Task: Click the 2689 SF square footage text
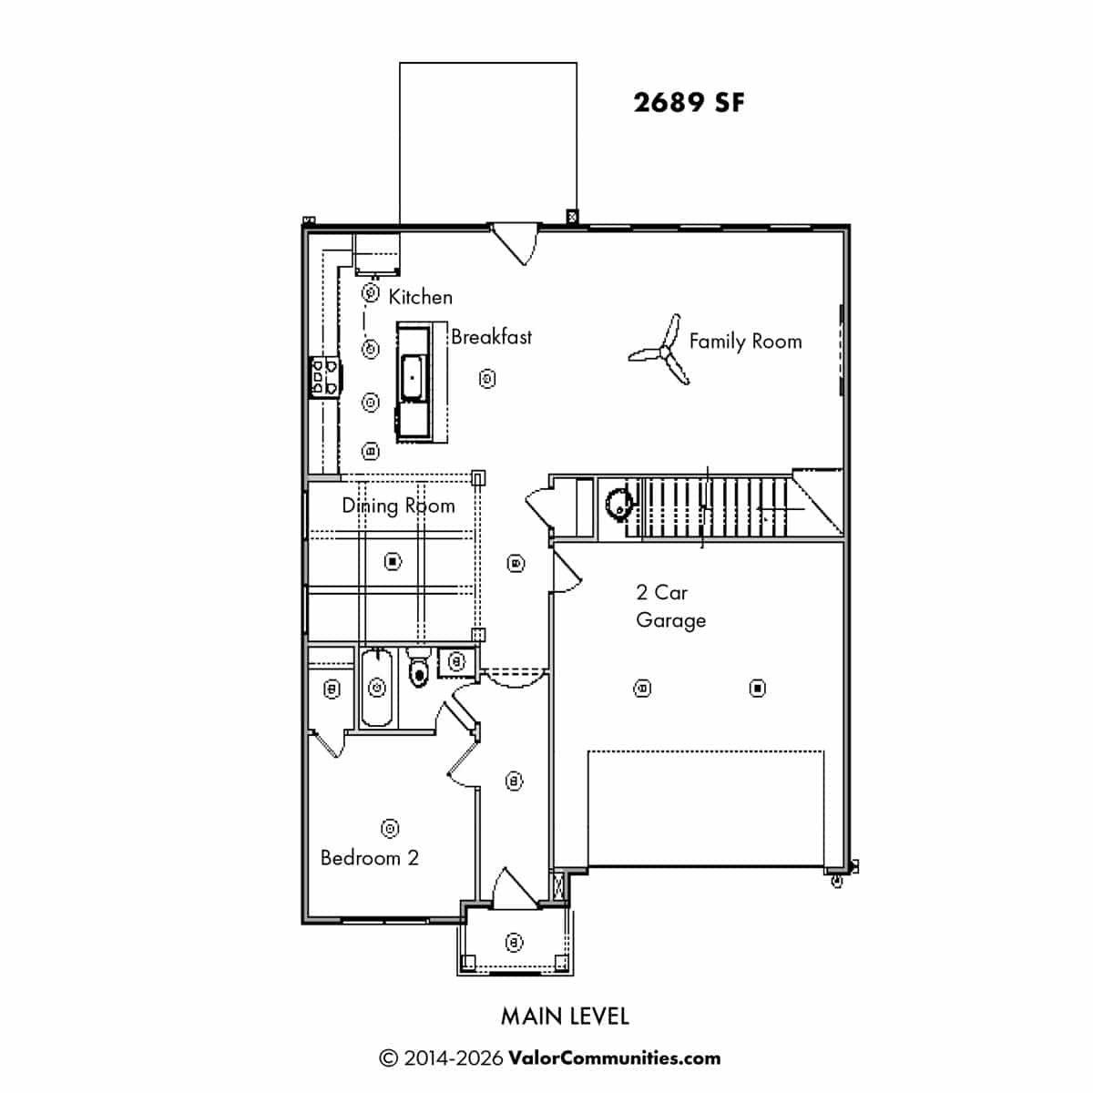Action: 689,103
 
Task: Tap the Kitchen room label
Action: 420,297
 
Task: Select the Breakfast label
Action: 491,337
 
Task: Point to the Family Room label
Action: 745,342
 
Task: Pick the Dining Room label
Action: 398,506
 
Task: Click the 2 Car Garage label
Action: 671,607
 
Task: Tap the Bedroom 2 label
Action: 369,858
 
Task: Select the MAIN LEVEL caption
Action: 565,1016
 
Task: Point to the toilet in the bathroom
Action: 419,669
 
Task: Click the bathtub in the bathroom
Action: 376,688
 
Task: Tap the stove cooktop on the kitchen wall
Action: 325,376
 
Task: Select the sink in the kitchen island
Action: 413,377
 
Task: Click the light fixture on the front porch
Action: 514,942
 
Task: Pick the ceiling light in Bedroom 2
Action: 390,828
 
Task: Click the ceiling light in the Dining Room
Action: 393,562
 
